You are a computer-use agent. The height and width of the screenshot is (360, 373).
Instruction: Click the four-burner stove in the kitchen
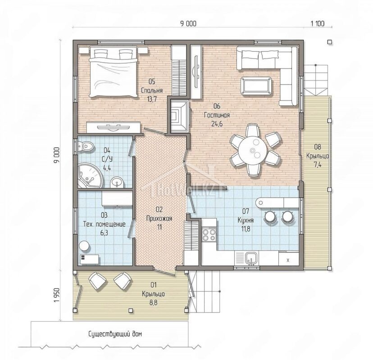[209, 234]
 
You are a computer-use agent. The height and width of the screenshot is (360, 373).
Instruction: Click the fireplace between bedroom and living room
[179, 116]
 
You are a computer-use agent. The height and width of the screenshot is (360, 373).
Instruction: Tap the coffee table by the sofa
[256, 85]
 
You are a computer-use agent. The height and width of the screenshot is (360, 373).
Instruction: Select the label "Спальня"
[152, 90]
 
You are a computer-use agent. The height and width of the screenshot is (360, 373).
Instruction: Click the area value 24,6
[217, 124]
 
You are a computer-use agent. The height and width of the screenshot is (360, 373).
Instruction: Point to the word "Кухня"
[246, 220]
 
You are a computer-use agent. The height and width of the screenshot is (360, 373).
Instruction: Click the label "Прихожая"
[159, 218]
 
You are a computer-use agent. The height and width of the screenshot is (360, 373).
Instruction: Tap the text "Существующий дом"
[115, 334]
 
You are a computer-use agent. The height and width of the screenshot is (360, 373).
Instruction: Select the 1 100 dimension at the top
[317, 23]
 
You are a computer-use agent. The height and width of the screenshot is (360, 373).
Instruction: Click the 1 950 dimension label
[57, 295]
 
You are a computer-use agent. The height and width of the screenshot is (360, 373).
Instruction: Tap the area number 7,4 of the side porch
[317, 164]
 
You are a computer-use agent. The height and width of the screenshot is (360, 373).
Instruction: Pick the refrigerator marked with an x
[289, 259]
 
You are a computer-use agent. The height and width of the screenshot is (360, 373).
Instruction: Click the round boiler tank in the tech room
[84, 246]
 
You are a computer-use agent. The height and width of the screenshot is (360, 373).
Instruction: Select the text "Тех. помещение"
[104, 224]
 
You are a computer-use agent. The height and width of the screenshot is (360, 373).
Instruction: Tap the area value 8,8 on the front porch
[153, 303]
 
